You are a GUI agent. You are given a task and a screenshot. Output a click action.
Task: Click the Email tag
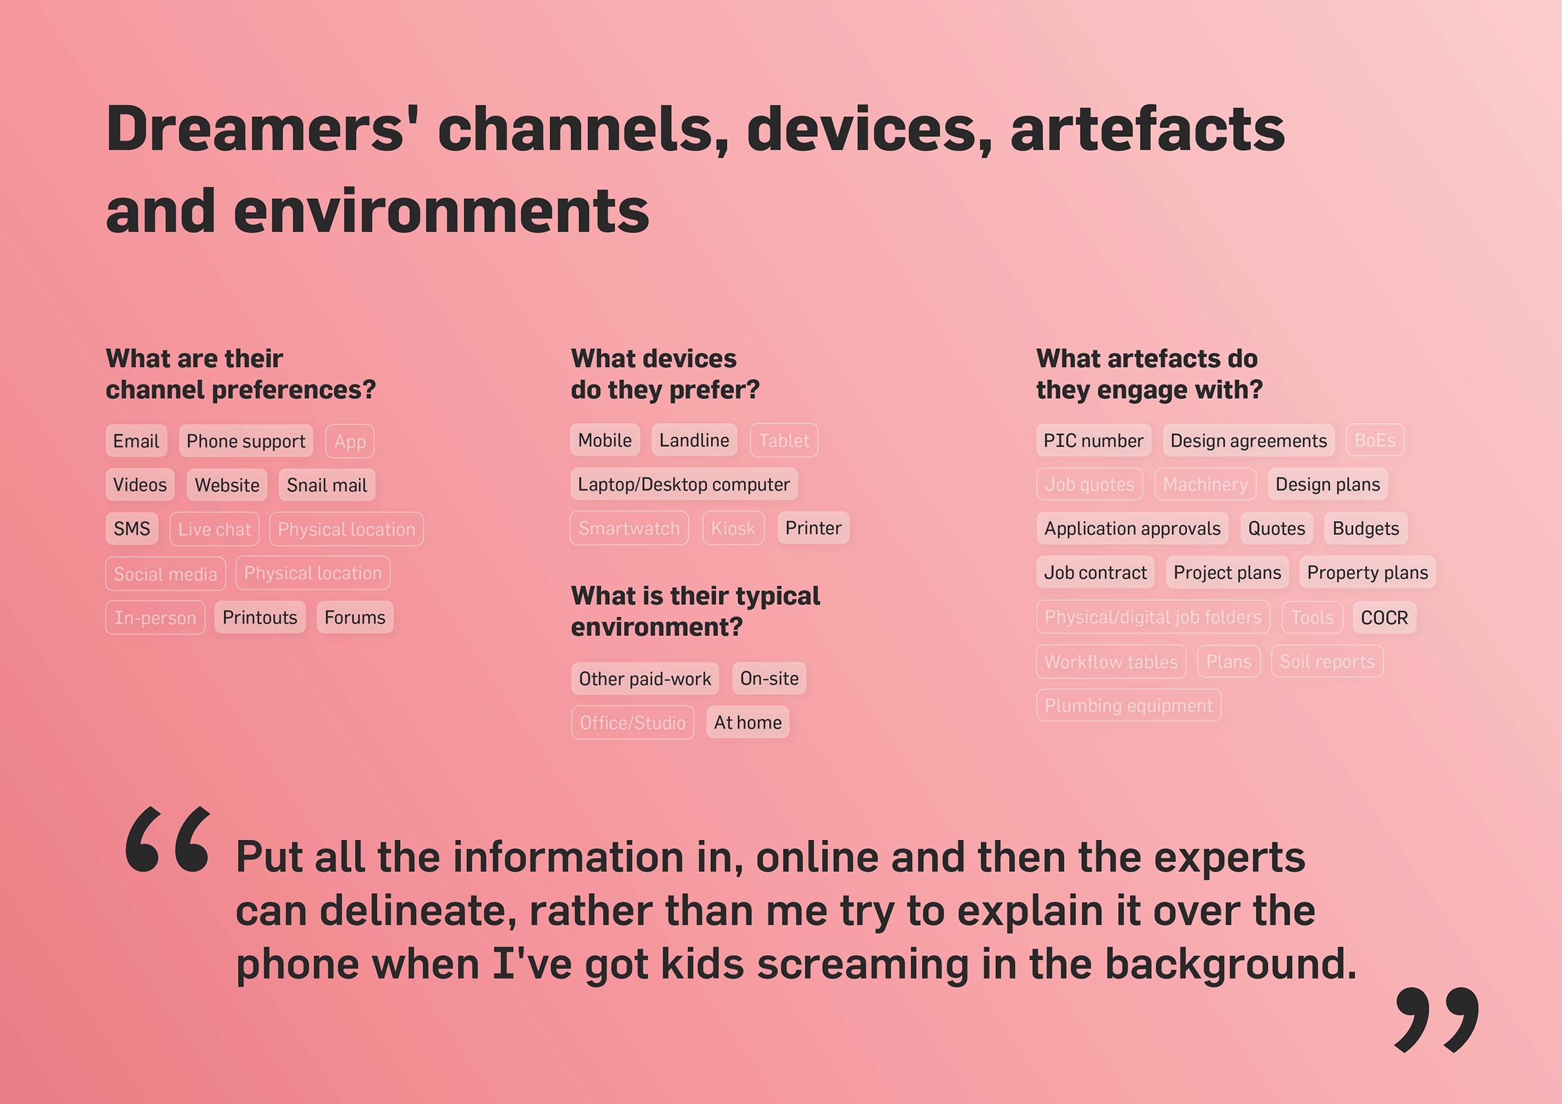click(x=136, y=441)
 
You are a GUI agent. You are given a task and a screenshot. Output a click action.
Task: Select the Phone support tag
click(x=245, y=441)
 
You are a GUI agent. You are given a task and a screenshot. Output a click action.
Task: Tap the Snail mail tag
click(x=327, y=485)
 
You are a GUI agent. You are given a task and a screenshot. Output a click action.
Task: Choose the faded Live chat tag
click(x=214, y=530)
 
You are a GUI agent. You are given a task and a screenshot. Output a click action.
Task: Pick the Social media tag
click(x=165, y=573)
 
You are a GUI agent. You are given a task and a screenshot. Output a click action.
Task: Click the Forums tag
click(x=354, y=617)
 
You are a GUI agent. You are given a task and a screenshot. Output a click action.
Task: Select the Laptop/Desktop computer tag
click(x=684, y=485)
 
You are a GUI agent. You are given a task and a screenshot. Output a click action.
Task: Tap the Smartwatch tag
click(x=629, y=529)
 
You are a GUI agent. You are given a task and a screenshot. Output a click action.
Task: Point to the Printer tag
click(x=813, y=528)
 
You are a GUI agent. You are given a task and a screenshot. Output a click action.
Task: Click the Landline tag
click(x=694, y=440)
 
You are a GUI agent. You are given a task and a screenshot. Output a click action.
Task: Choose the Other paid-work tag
click(x=645, y=678)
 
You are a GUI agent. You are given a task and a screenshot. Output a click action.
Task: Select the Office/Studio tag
click(x=633, y=723)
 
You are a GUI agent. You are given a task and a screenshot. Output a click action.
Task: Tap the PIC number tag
click(x=1093, y=440)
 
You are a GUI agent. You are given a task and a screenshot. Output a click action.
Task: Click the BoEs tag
click(x=1375, y=440)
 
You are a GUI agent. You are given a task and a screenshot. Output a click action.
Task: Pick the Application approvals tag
click(x=1132, y=529)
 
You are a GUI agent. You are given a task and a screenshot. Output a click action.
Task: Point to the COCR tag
click(x=1384, y=617)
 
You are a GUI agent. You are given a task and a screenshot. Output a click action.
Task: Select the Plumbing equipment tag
click(x=1129, y=705)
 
